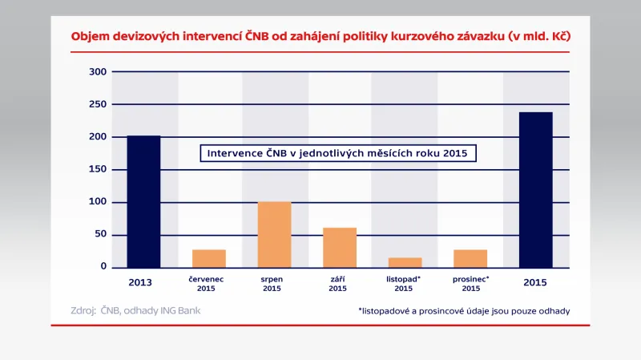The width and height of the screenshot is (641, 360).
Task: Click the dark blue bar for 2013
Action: tap(143, 201)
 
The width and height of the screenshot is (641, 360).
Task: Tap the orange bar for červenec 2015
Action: tap(209, 258)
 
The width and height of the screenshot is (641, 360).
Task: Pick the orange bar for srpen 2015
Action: tap(274, 234)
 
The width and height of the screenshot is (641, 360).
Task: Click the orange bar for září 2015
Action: tap(340, 247)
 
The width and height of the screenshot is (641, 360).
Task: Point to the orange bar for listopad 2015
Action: tap(405, 262)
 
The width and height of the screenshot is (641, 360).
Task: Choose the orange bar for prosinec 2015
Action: tap(470, 258)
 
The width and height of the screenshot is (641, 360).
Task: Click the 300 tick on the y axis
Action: tap(99, 72)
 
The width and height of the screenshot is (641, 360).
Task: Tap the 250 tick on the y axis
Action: tap(99, 104)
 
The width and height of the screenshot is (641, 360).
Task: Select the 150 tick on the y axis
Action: tap(99, 169)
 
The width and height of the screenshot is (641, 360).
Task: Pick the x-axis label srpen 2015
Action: tap(274, 283)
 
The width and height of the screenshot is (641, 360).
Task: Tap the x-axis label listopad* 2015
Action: tap(404, 283)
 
